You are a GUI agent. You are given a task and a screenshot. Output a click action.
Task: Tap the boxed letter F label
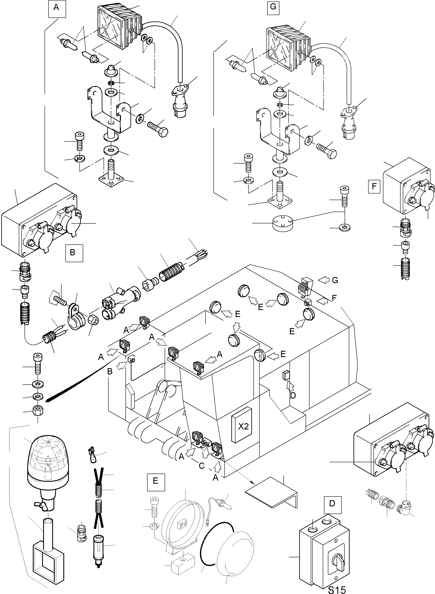(374, 187)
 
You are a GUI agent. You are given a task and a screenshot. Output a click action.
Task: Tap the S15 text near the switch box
(337, 588)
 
